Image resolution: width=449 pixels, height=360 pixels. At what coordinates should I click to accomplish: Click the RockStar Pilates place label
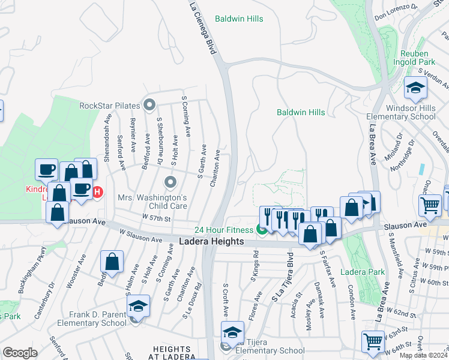pos(109,106)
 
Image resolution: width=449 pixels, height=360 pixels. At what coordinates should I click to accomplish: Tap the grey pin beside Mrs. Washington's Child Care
pos(171,181)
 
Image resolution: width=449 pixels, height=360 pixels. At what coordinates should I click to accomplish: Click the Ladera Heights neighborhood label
pos(212,241)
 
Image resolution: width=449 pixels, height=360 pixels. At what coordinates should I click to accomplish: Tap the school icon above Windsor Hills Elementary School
pos(415,89)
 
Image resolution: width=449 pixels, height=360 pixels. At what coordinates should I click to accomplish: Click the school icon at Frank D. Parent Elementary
pos(138,307)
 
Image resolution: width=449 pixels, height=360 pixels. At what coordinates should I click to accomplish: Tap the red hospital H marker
pos(98,192)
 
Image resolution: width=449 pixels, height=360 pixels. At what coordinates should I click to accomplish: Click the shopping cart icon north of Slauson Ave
pos(430,206)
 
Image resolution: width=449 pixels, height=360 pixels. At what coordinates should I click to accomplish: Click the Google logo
pos(20,353)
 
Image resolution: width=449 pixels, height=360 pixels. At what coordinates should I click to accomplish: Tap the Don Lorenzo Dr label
pos(396,12)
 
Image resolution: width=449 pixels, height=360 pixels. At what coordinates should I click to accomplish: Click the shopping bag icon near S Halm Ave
pos(112,262)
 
